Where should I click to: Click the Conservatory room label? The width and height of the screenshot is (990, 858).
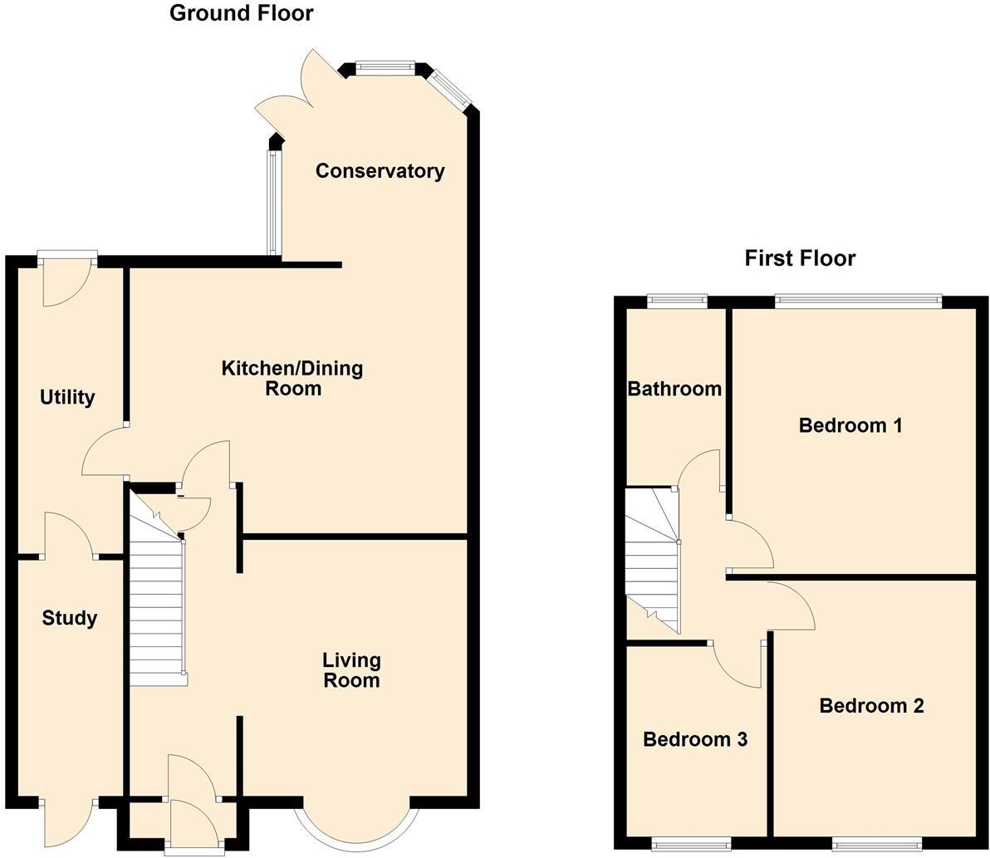pyautogui.click(x=380, y=171)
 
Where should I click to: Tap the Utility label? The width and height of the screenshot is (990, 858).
pyautogui.click(x=67, y=398)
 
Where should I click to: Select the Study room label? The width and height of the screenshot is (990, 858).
pyautogui.click(x=70, y=618)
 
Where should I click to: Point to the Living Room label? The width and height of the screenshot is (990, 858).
pyautogui.click(x=351, y=670)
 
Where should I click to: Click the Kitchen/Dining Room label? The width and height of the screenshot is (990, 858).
pyautogui.click(x=292, y=378)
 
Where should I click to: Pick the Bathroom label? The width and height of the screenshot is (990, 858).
pyautogui.click(x=674, y=389)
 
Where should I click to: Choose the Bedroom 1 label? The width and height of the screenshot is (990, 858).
pyautogui.click(x=850, y=426)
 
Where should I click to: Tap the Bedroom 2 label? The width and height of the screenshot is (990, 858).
pyautogui.click(x=871, y=706)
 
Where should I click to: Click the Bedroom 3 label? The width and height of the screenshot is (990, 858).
pyautogui.click(x=695, y=739)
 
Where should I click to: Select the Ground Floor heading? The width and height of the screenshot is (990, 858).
pyautogui.click(x=242, y=13)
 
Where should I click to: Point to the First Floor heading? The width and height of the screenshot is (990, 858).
pyautogui.click(x=800, y=258)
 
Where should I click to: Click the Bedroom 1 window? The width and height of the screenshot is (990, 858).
pyautogui.click(x=859, y=300)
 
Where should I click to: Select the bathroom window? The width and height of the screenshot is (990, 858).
pyautogui.click(x=677, y=300)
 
